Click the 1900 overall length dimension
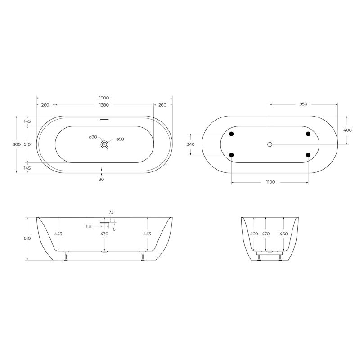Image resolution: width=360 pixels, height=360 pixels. (104, 98)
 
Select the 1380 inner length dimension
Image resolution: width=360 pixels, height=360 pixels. (104, 105)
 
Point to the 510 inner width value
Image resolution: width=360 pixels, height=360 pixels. (27, 144)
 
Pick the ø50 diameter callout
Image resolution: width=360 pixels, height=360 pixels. (120, 139)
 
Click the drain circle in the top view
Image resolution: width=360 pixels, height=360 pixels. (104, 144)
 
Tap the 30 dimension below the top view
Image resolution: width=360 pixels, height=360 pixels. (101, 179)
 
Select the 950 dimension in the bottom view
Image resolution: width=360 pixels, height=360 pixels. (303, 104)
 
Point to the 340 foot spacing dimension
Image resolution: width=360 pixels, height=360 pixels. (190, 144)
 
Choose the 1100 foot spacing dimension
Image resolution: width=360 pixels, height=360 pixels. (270, 182)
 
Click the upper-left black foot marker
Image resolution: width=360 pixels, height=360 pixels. (231, 134)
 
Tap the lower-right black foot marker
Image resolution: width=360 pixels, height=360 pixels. (308, 155)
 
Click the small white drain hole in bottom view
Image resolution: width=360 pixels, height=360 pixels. (270, 144)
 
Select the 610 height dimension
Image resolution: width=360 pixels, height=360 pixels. (27, 238)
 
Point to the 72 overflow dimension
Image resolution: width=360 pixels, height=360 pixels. (111, 211)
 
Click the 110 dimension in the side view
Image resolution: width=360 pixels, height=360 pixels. (88, 226)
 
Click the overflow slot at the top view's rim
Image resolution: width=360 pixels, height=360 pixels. (104, 119)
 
